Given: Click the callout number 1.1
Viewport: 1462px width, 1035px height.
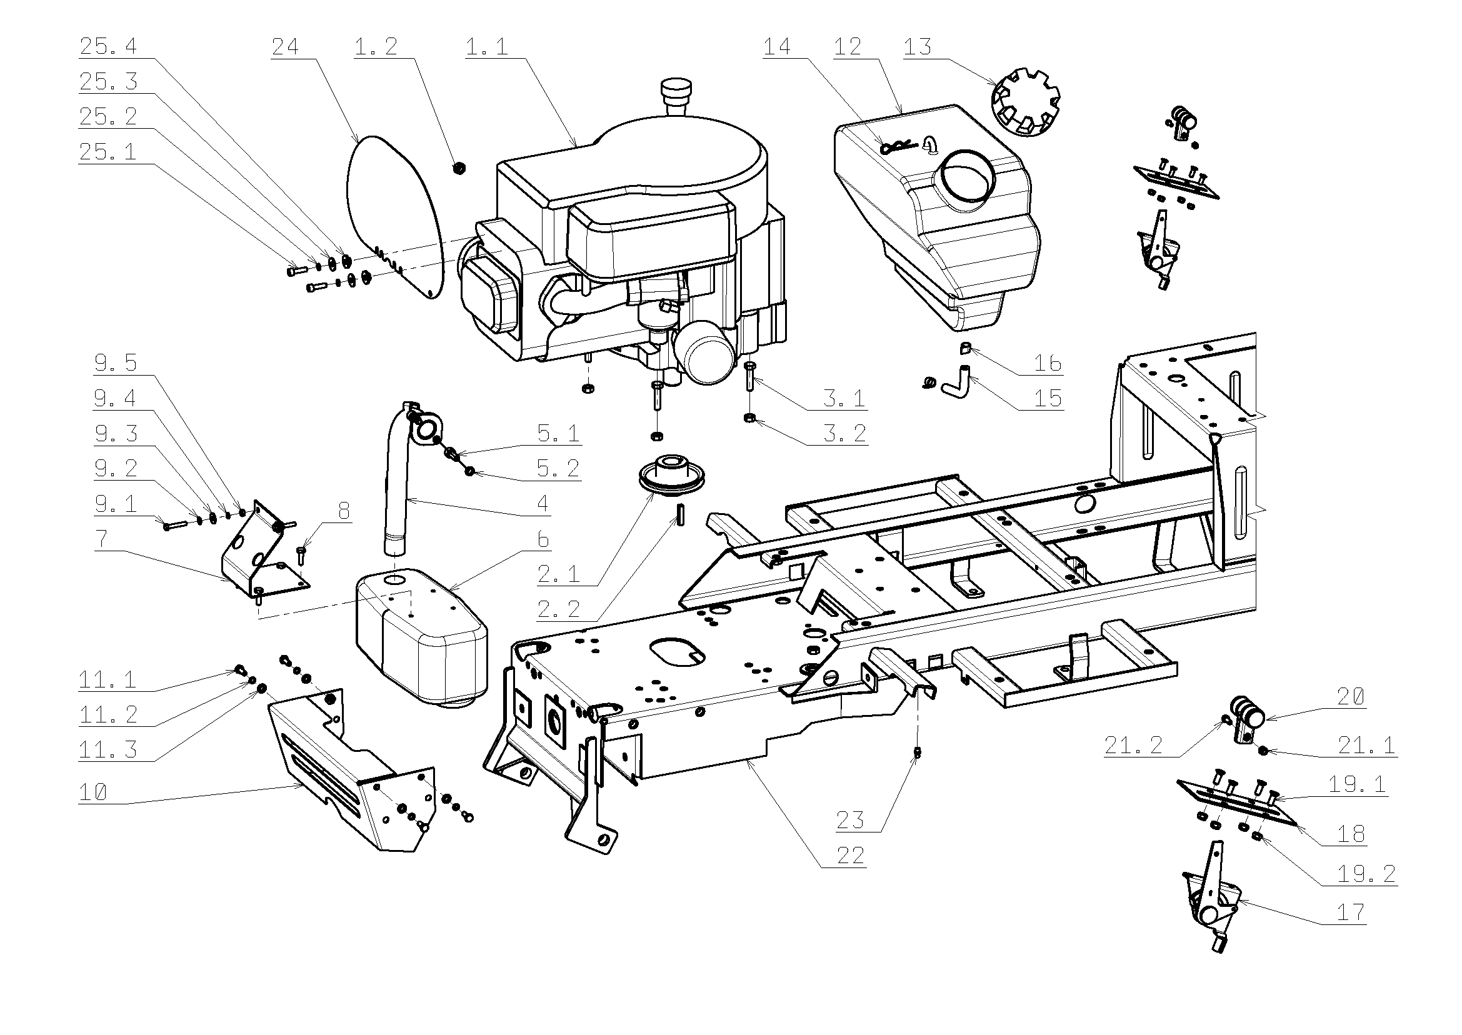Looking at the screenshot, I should point(486,46).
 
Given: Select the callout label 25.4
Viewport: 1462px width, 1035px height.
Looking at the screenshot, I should point(108,46).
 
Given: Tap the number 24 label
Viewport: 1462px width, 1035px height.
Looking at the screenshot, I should point(285,46).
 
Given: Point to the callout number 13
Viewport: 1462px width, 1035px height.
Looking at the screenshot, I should point(917,46).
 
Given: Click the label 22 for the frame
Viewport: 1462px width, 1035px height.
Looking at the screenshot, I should point(850,855).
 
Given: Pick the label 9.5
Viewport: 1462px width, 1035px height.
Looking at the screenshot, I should point(116,363).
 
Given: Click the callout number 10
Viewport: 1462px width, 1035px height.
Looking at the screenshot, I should point(93,793).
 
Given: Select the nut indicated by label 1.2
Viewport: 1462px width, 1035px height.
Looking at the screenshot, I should point(459,168).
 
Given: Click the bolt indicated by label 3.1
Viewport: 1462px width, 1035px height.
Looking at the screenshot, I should point(750,377).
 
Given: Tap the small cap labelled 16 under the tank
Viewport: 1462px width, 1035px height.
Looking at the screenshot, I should point(965,347).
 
